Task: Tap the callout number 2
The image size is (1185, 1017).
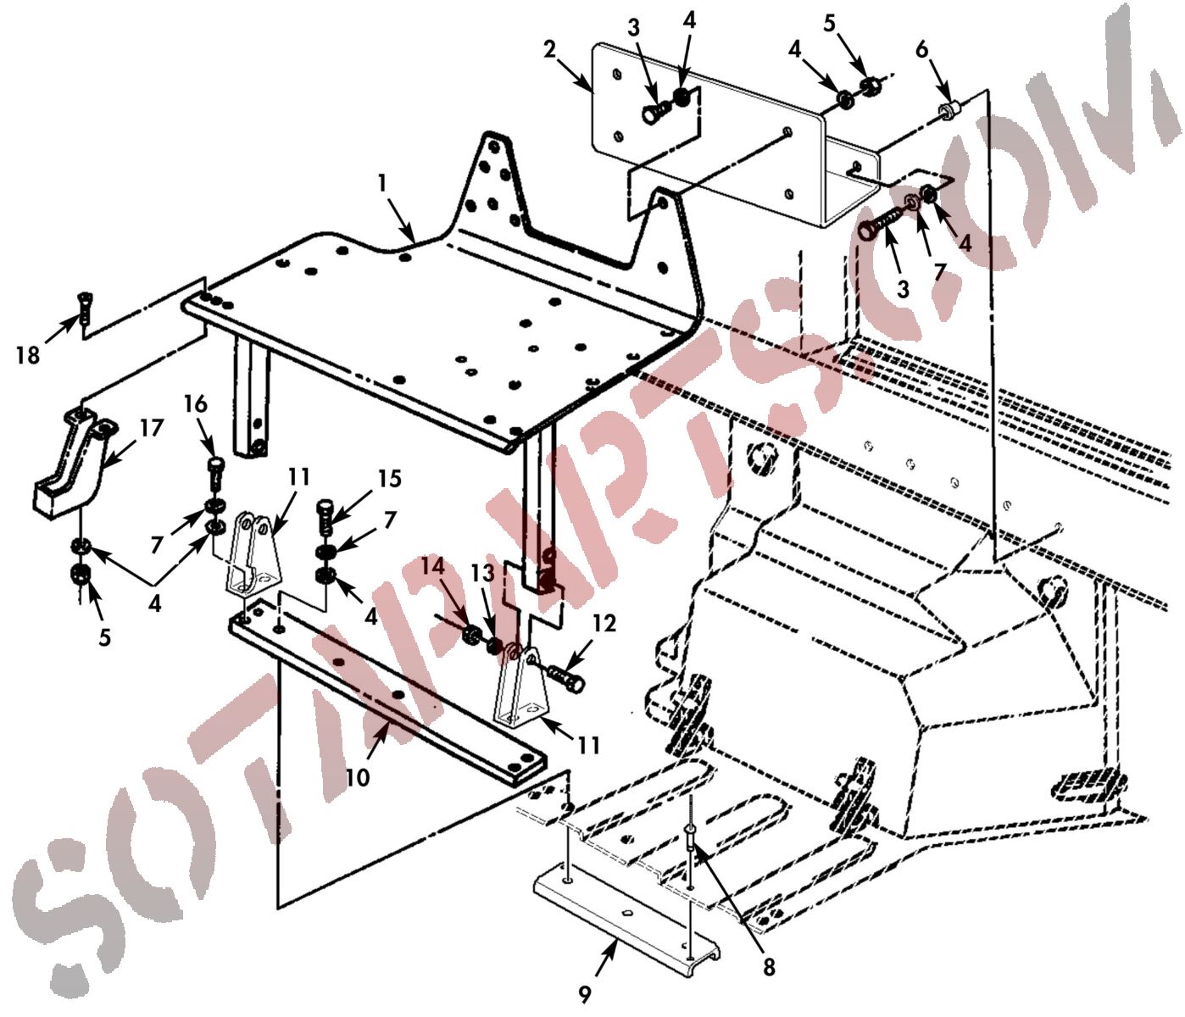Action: click(549, 50)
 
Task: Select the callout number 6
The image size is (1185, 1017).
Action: click(921, 51)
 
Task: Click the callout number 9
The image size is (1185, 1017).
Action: click(585, 995)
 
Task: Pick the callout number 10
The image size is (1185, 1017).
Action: click(359, 778)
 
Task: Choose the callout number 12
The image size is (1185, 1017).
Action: click(605, 624)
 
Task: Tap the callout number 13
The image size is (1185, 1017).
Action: click(482, 572)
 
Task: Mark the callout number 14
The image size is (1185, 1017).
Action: click(432, 567)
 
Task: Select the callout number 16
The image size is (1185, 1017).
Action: click(196, 405)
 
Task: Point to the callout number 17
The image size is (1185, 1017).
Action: click(151, 428)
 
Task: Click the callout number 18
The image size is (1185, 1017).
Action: click(28, 356)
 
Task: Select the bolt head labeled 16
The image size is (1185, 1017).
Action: click(215, 464)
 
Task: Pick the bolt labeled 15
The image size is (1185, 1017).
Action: click(325, 519)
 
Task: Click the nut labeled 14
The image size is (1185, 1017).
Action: click(471, 635)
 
